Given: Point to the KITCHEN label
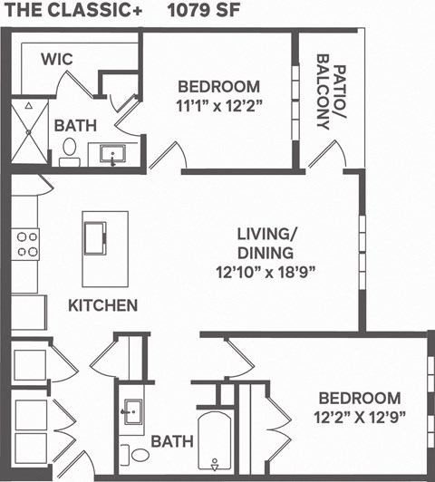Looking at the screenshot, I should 103,305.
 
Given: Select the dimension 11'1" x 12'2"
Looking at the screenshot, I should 218,104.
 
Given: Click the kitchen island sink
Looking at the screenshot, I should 95,237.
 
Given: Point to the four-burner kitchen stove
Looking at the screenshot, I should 27,245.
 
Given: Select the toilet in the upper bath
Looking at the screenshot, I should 68,158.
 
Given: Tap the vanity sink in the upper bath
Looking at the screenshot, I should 113,155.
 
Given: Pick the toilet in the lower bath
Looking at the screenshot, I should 139,454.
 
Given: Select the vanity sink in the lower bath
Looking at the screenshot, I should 132,413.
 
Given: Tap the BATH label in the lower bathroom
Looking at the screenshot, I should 172,442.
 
